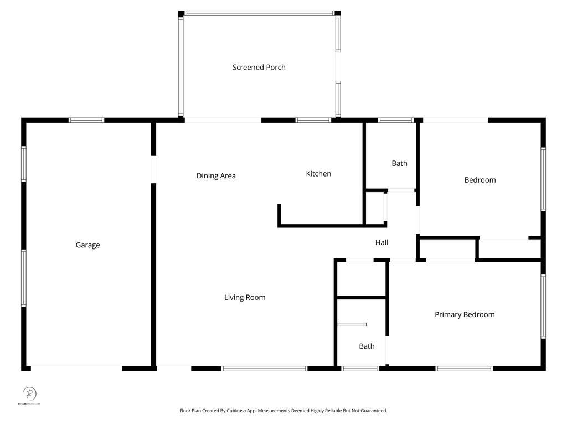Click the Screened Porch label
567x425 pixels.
(259, 68)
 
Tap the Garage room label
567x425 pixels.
(87, 245)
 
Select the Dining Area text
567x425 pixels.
(216, 176)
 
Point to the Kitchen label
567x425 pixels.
(318, 174)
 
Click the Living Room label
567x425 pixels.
(245, 298)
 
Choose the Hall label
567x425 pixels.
(382, 242)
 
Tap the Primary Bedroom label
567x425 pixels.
(465, 315)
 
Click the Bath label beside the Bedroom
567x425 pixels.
(399, 163)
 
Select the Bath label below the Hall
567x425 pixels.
(367, 346)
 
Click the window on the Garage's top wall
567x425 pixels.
(86, 120)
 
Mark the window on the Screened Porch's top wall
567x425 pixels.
(259, 13)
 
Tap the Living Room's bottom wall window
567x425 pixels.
(264, 369)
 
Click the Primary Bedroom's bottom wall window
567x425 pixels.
(464, 369)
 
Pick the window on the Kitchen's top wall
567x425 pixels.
(313, 120)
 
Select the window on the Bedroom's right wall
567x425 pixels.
(543, 179)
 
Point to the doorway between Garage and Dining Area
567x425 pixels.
(153, 169)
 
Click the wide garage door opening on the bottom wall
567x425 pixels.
(76, 369)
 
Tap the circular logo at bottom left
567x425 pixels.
(29, 394)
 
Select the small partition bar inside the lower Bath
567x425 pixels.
(352, 324)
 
